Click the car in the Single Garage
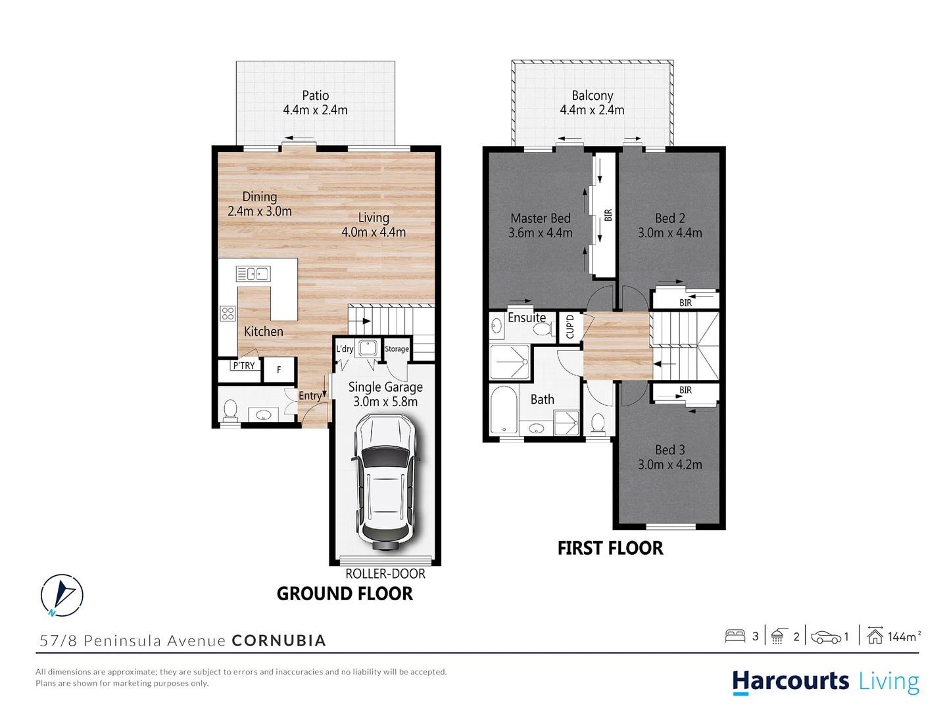(385, 483)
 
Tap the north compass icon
(62, 596)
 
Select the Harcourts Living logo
(825, 681)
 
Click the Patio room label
(316, 96)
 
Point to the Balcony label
(592, 96)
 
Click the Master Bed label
(541, 218)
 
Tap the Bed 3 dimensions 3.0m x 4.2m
(669, 465)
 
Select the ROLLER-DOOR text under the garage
(385, 574)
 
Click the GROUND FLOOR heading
(345, 594)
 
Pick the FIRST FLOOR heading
(610, 548)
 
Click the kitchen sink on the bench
(253, 273)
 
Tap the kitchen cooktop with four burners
(228, 314)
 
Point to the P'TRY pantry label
(243, 366)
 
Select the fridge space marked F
(279, 370)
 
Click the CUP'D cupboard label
(570, 327)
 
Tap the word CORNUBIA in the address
(279, 641)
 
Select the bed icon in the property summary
(735, 636)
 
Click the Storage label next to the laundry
(397, 349)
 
